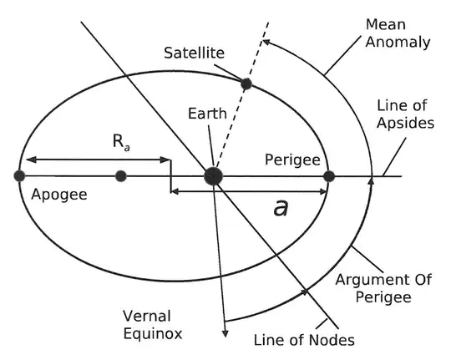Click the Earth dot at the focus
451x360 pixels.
pyautogui.click(x=214, y=175)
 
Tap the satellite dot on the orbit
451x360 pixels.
pyautogui.click(x=246, y=84)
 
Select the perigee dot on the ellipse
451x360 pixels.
pyautogui.click(x=329, y=175)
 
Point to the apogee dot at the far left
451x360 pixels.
pyautogui.click(x=18, y=175)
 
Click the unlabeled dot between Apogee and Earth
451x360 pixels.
pyautogui.click(x=121, y=175)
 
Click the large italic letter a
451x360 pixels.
pyautogui.click(x=281, y=206)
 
